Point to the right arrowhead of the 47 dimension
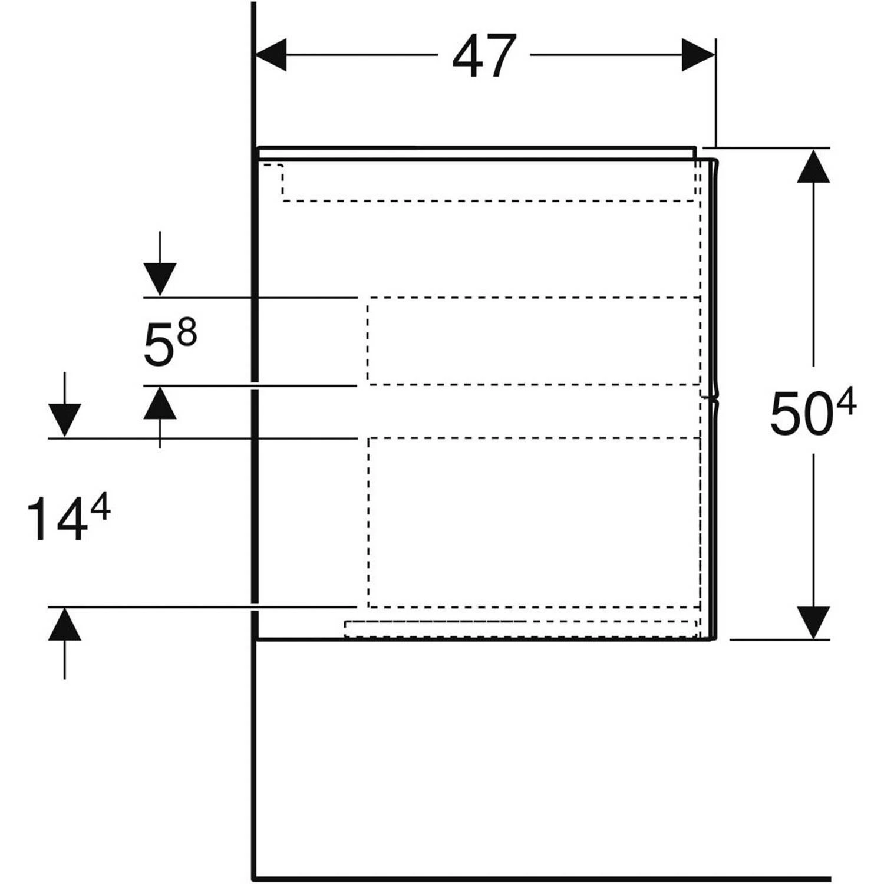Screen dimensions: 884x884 698,55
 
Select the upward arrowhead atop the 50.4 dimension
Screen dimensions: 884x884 813,166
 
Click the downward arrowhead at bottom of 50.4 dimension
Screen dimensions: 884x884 813,622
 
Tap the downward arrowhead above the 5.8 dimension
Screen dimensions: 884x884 160,280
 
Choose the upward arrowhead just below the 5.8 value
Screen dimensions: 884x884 160,403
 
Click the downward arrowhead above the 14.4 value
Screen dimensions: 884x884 64,420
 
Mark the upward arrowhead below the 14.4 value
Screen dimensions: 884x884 64,624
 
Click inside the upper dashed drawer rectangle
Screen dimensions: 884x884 533,341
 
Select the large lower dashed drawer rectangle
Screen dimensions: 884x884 534,522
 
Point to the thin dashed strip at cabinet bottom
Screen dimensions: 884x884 520,628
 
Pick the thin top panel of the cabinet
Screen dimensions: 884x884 477,153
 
